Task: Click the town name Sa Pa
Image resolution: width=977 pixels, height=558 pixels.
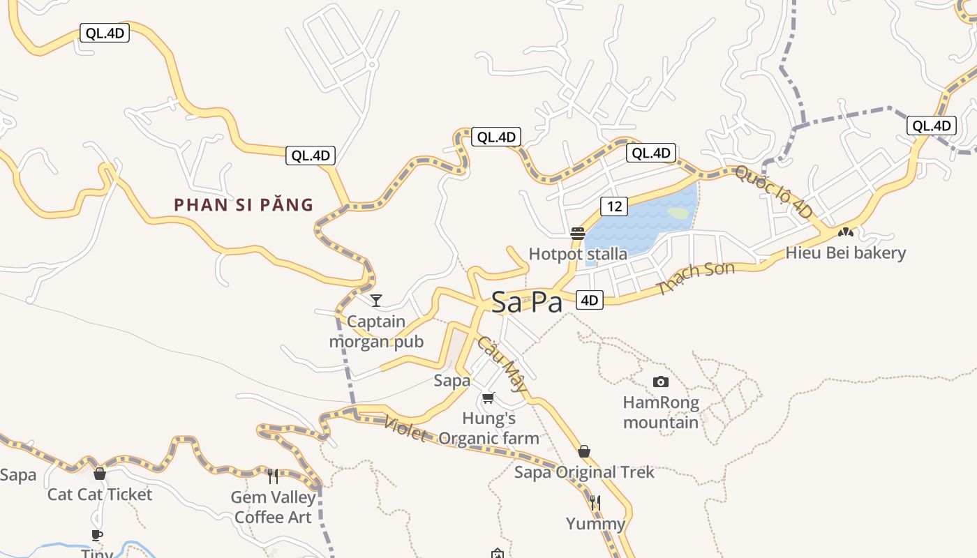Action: coord(527,302)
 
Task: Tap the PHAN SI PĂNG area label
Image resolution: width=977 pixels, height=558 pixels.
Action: coord(244,205)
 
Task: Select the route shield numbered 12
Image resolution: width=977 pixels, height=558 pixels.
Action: coord(614,206)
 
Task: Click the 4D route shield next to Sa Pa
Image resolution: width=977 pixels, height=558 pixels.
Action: coord(590,300)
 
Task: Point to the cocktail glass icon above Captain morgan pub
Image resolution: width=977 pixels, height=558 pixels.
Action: coord(376,301)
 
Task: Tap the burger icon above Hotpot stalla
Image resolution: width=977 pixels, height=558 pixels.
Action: coord(578,234)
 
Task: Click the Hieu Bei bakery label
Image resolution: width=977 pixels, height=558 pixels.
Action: coord(845,252)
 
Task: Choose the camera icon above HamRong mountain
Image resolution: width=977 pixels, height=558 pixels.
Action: coord(660,382)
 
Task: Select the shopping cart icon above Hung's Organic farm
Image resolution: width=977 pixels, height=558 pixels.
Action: coord(488,398)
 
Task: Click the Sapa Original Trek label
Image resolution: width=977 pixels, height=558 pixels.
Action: coord(584,472)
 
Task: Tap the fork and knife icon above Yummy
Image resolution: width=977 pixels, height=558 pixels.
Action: coord(595,502)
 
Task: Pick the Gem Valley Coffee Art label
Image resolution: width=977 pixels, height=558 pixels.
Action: coord(273,507)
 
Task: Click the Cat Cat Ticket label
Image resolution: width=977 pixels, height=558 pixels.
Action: coord(100,495)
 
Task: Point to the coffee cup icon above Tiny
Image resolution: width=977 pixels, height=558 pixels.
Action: coord(97,535)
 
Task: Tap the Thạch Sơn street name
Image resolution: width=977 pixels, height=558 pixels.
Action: coord(696,278)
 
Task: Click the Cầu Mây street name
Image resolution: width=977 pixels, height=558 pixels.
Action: coord(502,363)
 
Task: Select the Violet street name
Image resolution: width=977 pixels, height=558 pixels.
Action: coord(405,428)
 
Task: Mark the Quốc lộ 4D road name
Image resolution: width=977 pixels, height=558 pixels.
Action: coord(774,191)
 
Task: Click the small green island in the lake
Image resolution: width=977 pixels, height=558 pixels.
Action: coord(678,213)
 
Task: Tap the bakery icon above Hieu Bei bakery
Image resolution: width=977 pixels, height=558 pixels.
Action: coord(845,232)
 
